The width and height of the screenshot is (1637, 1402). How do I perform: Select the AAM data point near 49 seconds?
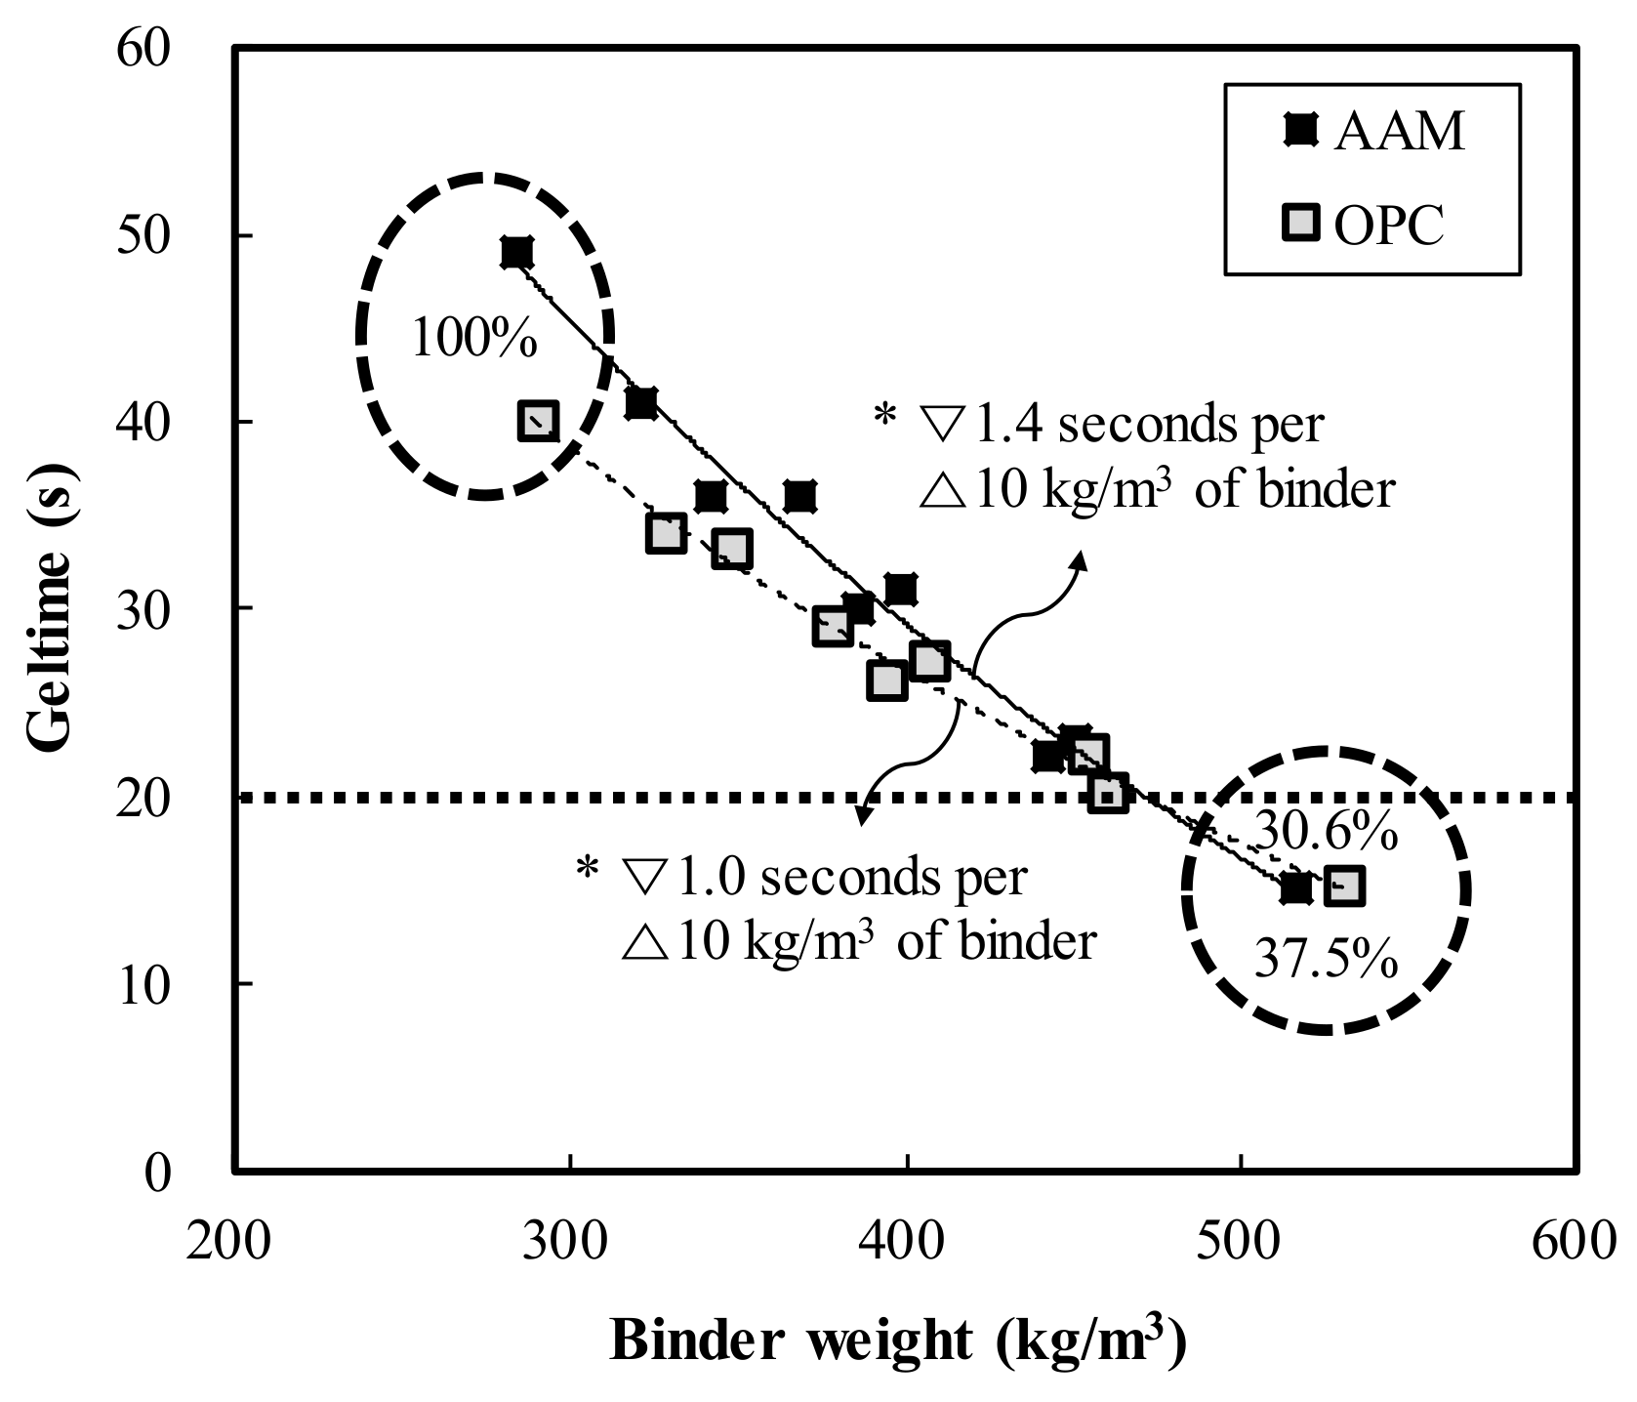pyautogui.click(x=516, y=253)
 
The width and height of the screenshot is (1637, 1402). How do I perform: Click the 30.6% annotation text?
pyautogui.click(x=1325, y=832)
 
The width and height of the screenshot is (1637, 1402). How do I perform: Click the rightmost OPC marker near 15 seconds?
pyautogui.click(x=1343, y=887)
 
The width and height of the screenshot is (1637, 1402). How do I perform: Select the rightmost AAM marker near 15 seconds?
pyautogui.click(x=1295, y=887)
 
